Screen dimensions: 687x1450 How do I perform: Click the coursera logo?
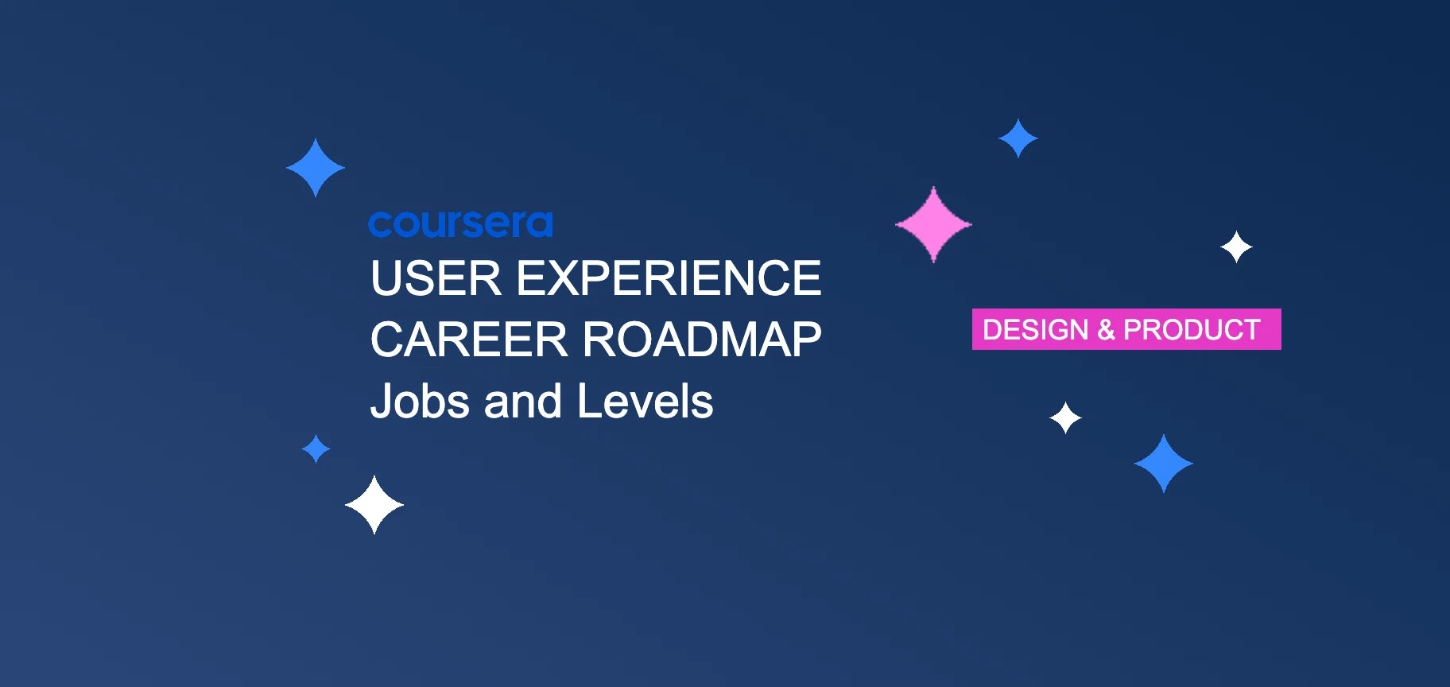click(x=460, y=224)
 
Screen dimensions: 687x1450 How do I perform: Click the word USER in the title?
click(x=436, y=278)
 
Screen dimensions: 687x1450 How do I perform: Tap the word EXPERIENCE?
click(x=669, y=278)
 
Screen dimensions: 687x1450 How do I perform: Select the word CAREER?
click(x=468, y=340)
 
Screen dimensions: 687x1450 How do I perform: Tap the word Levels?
click(x=645, y=401)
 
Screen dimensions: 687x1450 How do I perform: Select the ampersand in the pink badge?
click(x=1106, y=329)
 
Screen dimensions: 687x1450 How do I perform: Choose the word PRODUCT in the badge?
click(x=1192, y=329)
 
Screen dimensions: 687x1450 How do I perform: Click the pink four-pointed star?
click(x=933, y=224)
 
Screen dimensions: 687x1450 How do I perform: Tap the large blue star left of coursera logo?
click(x=316, y=168)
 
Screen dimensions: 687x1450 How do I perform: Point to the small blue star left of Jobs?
click(x=316, y=448)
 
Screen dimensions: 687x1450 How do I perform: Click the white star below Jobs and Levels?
click(x=374, y=505)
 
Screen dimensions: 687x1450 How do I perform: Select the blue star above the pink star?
click(x=1018, y=138)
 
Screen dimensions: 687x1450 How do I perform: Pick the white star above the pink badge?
click(x=1236, y=247)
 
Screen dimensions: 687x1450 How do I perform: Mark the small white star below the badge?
click(x=1065, y=417)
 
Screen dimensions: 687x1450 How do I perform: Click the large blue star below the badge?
click(x=1163, y=464)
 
